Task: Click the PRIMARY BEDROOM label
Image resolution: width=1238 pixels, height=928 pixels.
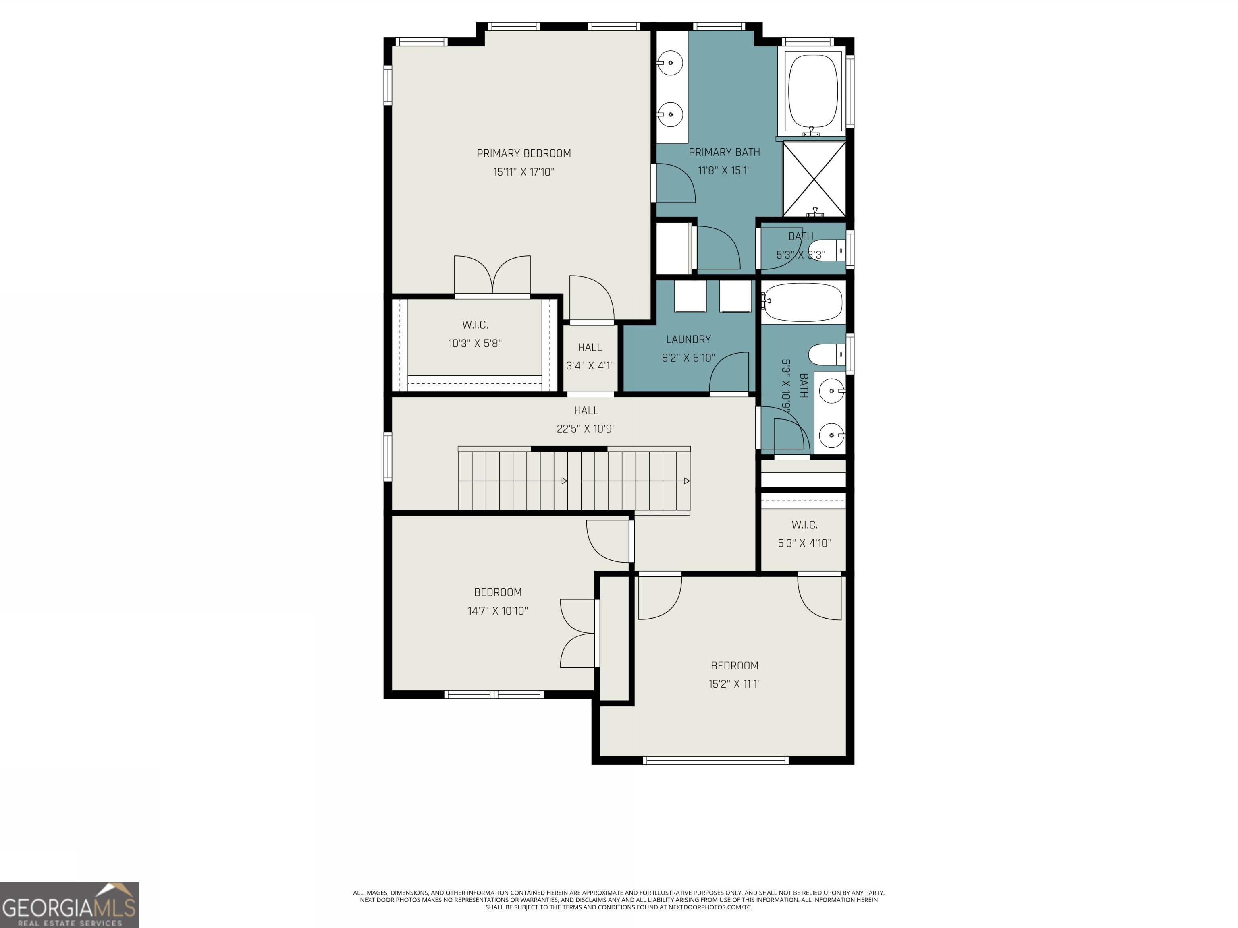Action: tap(523, 153)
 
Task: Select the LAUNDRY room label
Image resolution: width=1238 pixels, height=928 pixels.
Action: tap(688, 340)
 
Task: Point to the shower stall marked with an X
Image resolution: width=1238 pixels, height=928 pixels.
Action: tap(814, 179)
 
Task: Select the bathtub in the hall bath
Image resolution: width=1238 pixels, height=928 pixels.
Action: tap(803, 302)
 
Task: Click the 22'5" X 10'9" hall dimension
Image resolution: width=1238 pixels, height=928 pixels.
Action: tap(586, 429)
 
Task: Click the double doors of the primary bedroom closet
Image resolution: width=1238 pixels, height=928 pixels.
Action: tap(492, 275)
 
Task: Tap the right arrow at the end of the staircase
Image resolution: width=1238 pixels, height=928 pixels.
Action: tap(687, 481)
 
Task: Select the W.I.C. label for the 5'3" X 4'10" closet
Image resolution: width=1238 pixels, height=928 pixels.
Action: tap(804, 525)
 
